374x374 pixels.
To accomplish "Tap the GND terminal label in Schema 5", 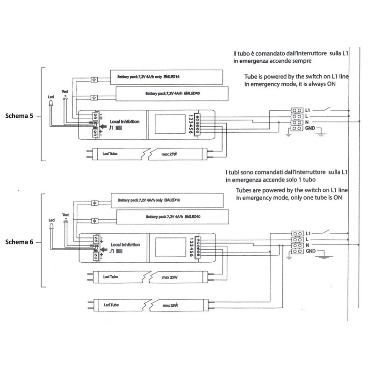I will point(310,128).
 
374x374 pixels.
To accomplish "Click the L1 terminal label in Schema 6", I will point(309,232).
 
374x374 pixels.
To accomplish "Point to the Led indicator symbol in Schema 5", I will point(51,106).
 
